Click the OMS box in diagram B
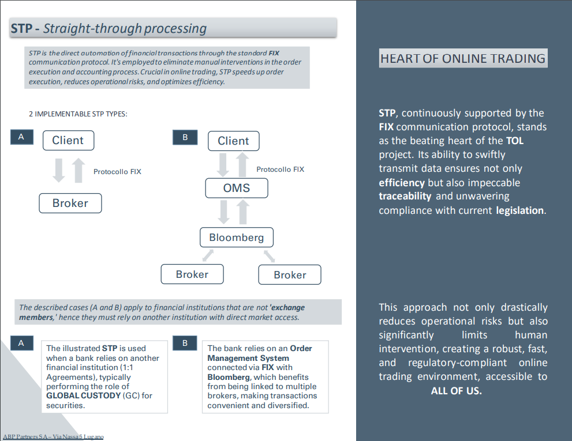coord(236,188)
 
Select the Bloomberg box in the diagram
coord(236,238)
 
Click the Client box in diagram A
coord(68,140)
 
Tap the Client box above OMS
coord(233,141)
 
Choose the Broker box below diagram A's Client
coord(70,203)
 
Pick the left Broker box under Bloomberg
coord(192,274)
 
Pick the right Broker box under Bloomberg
coord(290,275)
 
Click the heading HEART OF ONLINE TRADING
coord(463,58)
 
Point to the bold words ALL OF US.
coord(456,391)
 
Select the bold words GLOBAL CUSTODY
coord(83,395)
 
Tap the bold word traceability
coord(405,196)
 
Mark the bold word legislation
coord(519,210)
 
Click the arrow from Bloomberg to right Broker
coord(269,255)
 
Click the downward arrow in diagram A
coord(59,171)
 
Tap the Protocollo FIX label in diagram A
coord(117,171)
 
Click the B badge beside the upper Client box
coord(185,137)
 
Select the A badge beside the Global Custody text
coord(21,343)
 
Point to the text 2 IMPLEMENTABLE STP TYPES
coord(78,114)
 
